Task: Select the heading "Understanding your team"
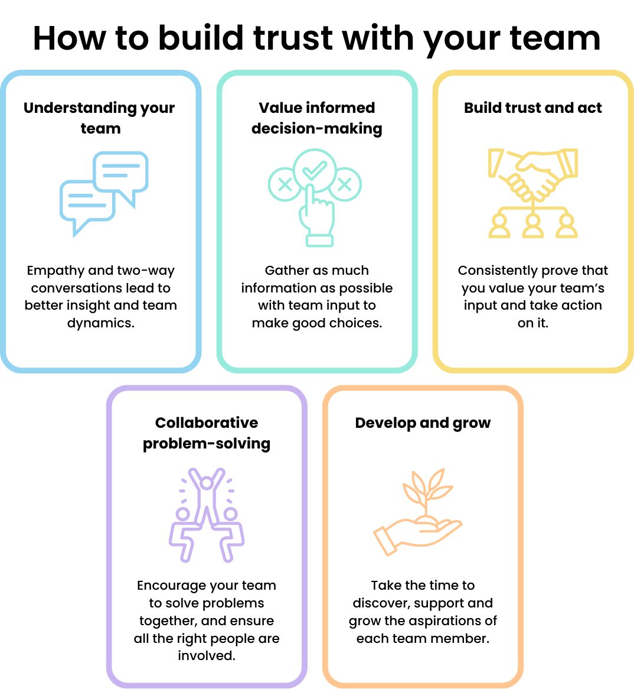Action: [100, 118]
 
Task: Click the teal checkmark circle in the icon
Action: [314, 171]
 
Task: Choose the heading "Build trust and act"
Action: [532, 108]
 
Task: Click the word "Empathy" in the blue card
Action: [55, 271]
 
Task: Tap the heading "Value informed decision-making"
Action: [316, 118]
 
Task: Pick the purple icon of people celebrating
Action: [207, 514]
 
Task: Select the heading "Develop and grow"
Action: [423, 422]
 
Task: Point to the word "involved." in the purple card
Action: [207, 655]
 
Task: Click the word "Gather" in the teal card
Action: [286, 271]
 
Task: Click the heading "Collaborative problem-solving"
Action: [207, 433]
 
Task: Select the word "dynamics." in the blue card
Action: [101, 323]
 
